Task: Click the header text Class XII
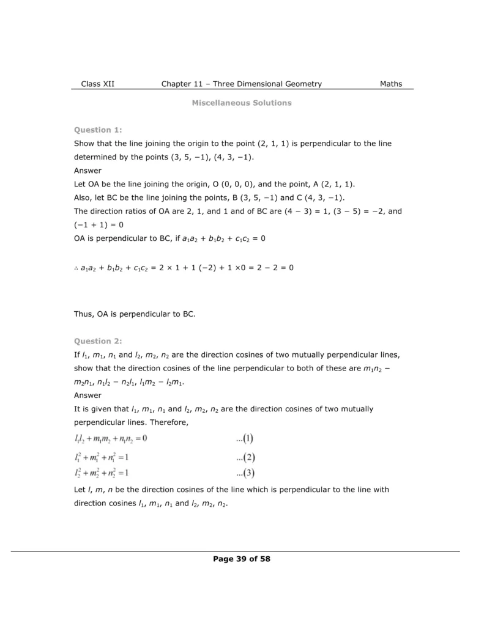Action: (x=97, y=84)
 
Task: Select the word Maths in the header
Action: (x=391, y=84)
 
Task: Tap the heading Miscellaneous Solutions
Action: (x=242, y=103)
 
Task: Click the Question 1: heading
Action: (x=98, y=130)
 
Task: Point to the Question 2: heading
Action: (x=98, y=341)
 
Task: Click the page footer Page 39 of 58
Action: (x=242, y=558)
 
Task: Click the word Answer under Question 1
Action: (x=87, y=171)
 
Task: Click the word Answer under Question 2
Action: (x=87, y=395)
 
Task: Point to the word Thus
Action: (x=84, y=314)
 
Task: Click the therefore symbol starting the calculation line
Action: (x=76, y=268)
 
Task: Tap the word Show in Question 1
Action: (x=84, y=143)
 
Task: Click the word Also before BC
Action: (x=84, y=197)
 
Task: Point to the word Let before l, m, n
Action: (x=80, y=490)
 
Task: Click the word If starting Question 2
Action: (x=76, y=355)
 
